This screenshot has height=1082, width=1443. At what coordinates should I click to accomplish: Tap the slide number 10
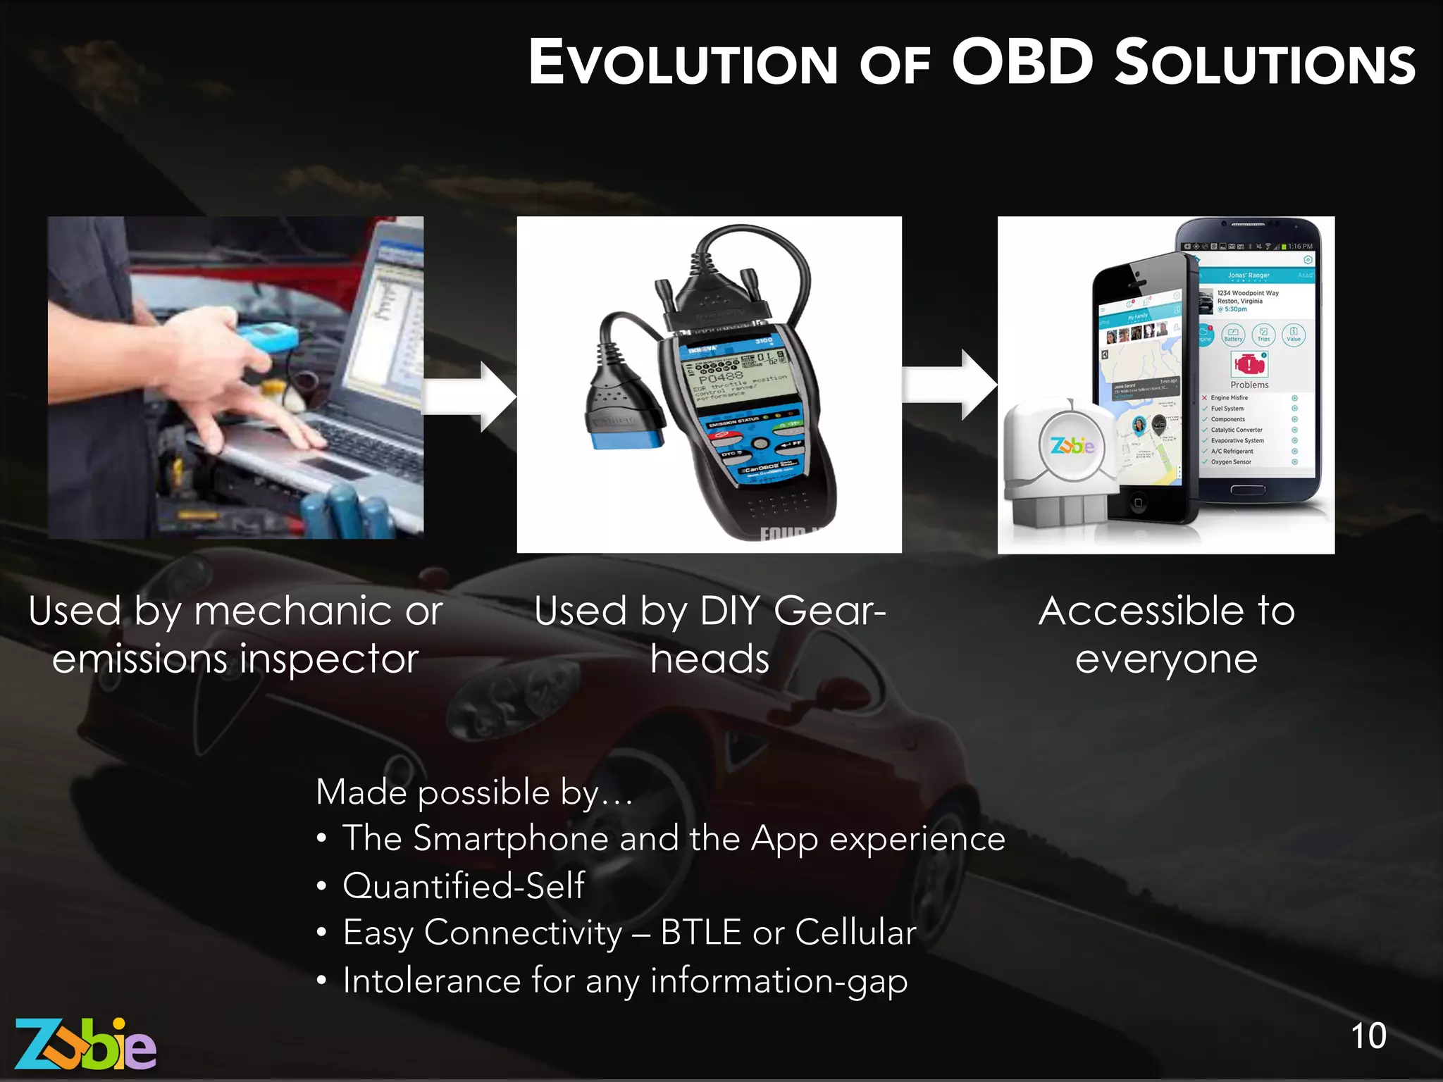point(1368,1036)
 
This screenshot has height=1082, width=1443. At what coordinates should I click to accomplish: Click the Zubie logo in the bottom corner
point(85,1045)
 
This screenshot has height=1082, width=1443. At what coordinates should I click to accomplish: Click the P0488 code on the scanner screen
point(720,377)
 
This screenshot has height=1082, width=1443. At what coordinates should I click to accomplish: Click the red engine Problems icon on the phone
point(1249,364)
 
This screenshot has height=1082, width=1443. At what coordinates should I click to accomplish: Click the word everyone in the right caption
point(1166,659)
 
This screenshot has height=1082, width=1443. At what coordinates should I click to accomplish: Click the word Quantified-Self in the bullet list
point(464,885)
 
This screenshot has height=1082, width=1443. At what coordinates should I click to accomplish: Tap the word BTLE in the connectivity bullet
point(701,932)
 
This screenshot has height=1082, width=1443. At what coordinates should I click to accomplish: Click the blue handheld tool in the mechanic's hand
point(268,336)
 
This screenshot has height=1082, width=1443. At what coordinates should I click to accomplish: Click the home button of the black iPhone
point(1138,503)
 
